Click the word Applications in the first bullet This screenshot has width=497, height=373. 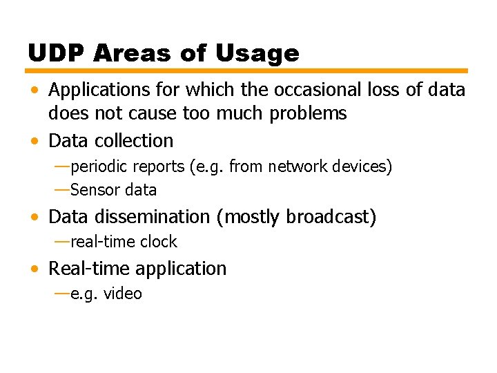[97, 90]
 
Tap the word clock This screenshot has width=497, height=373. [159, 242]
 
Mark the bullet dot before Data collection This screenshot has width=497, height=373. [35, 142]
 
